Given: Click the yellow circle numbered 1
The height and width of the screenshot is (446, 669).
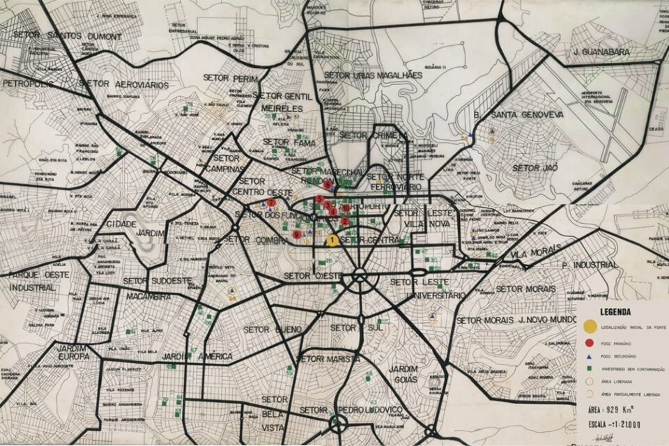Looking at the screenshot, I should pyautogui.click(x=332, y=240).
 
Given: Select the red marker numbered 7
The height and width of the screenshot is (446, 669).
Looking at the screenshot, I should pyautogui.click(x=270, y=202).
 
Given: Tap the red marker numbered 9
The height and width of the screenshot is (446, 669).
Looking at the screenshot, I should pyautogui.click(x=298, y=235).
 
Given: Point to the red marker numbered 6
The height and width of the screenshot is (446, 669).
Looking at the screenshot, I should pyautogui.click(x=327, y=185).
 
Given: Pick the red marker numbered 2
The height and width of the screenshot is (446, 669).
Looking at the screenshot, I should pyautogui.click(x=344, y=221).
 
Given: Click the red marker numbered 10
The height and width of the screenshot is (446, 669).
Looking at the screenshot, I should pyautogui.click(x=346, y=208).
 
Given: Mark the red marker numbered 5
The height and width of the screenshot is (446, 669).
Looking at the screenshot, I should pyautogui.click(x=319, y=199).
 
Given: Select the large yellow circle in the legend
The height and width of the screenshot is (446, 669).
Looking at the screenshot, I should pyautogui.click(x=590, y=326).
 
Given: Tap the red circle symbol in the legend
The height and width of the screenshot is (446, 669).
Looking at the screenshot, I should pyautogui.click(x=590, y=343).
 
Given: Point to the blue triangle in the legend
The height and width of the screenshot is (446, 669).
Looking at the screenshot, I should pyautogui.click(x=590, y=356).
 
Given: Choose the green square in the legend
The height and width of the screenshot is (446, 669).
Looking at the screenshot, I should pyautogui.click(x=590, y=369).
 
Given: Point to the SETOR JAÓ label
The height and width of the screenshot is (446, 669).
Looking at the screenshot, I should pyautogui.click(x=535, y=168).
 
